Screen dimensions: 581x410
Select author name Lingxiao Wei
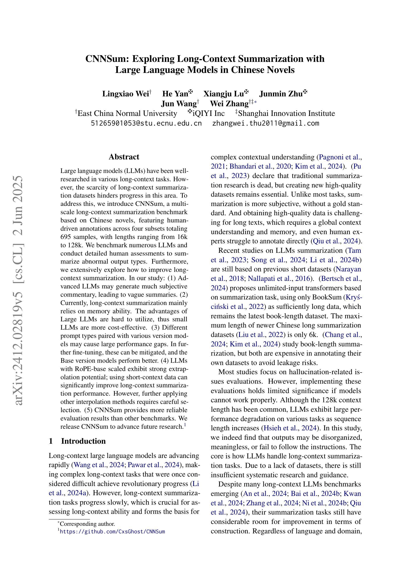tap(125, 94)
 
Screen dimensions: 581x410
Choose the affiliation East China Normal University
tap(127, 113)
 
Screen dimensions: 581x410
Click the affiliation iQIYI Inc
tap(208, 113)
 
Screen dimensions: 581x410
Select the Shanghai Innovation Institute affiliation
tap(286, 113)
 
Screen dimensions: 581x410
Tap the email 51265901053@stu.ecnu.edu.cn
tap(146, 123)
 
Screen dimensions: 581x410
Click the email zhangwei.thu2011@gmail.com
tap(266, 123)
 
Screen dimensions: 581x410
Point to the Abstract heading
tap(124, 157)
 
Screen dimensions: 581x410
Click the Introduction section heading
tap(83, 441)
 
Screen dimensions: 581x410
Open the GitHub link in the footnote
tap(112, 531)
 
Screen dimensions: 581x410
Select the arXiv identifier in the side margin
tap(19, 291)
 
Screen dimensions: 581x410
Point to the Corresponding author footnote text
tap(87, 524)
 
